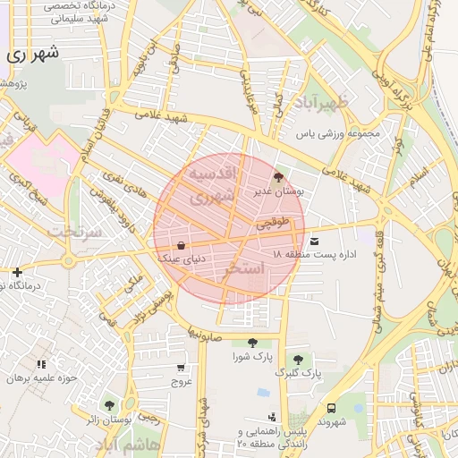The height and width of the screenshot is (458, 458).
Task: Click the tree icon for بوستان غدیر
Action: click(x=277, y=177)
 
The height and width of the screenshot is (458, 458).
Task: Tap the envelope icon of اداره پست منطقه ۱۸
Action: click(x=314, y=242)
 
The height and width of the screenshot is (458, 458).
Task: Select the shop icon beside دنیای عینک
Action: click(x=182, y=244)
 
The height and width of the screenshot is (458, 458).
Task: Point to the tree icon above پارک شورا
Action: click(x=251, y=343)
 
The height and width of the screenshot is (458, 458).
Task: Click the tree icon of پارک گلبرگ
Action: click(x=298, y=359)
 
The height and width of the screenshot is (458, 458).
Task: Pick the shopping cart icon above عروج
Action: click(x=182, y=368)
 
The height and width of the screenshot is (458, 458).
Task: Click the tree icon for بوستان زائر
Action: click(x=109, y=405)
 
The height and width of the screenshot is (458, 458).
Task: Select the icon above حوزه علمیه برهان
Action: click(x=41, y=364)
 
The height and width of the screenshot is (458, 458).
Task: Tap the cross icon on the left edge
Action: click(x=17, y=272)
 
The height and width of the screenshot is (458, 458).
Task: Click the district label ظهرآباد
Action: click(x=324, y=103)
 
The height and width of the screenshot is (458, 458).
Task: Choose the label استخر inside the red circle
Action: click(x=244, y=267)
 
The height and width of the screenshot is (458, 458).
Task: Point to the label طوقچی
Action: click(x=275, y=224)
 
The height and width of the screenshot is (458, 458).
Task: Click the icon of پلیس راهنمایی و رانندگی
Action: click(x=272, y=416)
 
